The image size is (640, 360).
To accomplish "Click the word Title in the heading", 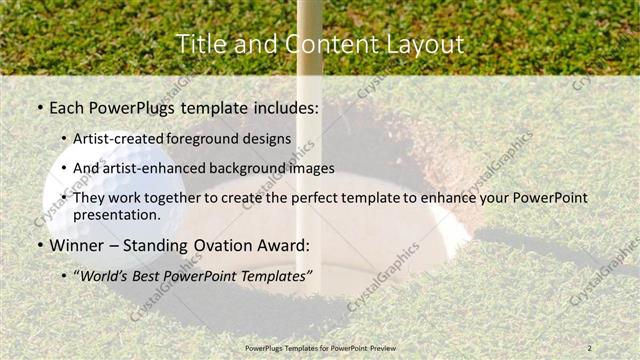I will tap(200, 44).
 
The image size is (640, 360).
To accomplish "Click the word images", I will tap(307, 168).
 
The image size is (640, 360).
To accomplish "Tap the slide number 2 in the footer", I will tap(590, 347).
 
